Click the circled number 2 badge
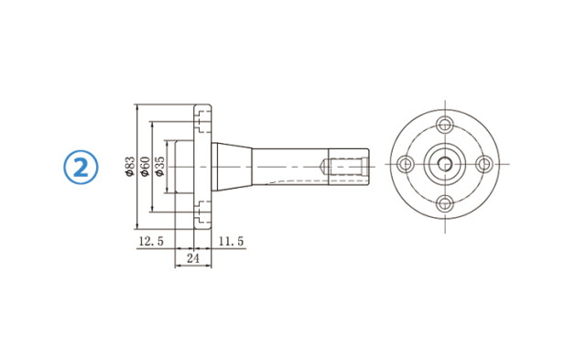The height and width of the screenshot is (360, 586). tap(81, 167)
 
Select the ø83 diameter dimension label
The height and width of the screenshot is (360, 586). tap(131, 166)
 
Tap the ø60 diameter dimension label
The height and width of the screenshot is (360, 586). tap(146, 166)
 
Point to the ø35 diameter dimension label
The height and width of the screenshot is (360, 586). tap(160, 166)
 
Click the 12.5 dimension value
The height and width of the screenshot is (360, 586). tap(150, 241)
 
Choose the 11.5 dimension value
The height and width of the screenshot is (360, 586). tap(233, 241)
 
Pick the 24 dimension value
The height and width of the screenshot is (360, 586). tap(193, 259)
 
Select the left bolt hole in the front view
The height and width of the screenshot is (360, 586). tap(406, 164)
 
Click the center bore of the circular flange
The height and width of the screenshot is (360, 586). tap(445, 164)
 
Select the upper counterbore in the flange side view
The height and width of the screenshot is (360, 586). tap(202, 116)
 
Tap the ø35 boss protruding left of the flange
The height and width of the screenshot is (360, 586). tap(182, 166)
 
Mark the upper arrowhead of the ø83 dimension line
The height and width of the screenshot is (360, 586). tap(137, 108)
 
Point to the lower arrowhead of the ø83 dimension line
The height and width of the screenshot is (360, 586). tap(137, 225)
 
